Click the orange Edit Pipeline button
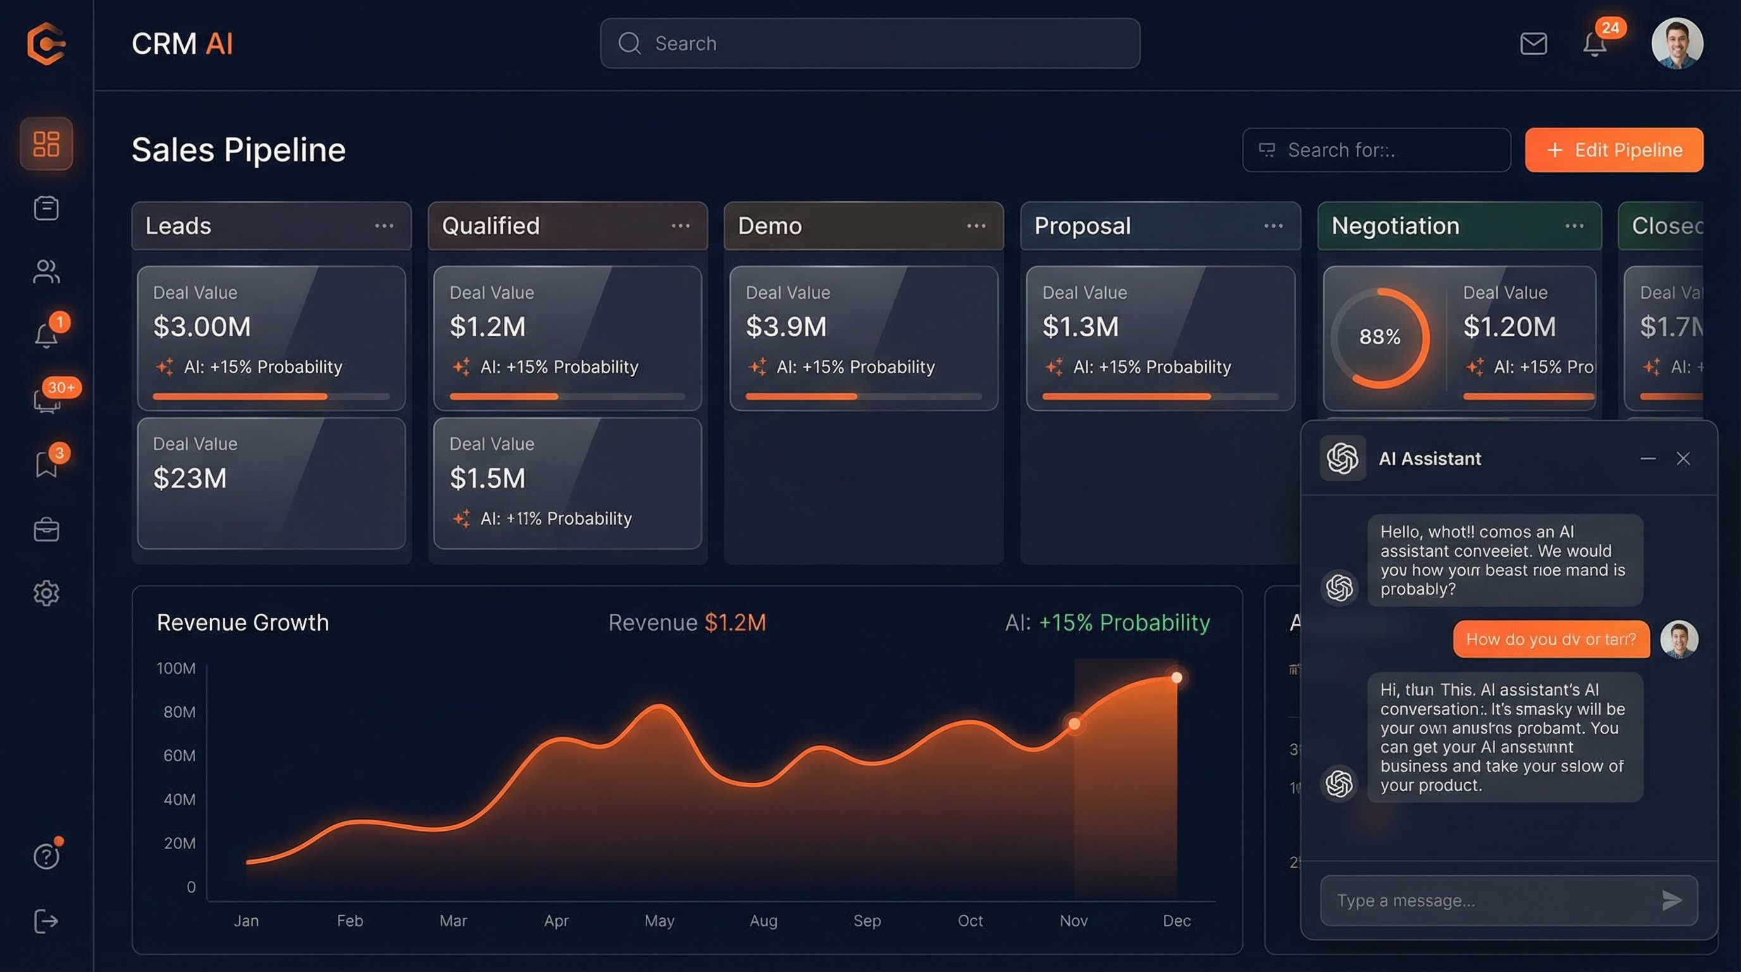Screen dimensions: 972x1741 [1613, 150]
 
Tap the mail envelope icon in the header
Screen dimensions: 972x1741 [1533, 44]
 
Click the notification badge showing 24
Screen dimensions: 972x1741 [1610, 28]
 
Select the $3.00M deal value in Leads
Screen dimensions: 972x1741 [201, 327]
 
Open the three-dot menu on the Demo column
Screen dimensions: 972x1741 [976, 226]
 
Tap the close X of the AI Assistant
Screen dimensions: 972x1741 [1683, 459]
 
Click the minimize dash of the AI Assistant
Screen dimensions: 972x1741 [1648, 459]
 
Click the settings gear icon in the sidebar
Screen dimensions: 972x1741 [46, 594]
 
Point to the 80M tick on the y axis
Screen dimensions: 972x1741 [179, 712]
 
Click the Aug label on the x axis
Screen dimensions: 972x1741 [763, 921]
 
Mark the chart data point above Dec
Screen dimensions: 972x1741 [1177, 677]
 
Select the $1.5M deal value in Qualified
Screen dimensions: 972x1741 [487, 478]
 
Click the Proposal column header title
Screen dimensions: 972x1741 [1082, 226]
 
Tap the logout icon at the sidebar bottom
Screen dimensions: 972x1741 [46, 921]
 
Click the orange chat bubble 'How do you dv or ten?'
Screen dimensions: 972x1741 [1551, 639]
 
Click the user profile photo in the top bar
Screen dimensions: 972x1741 [1677, 44]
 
